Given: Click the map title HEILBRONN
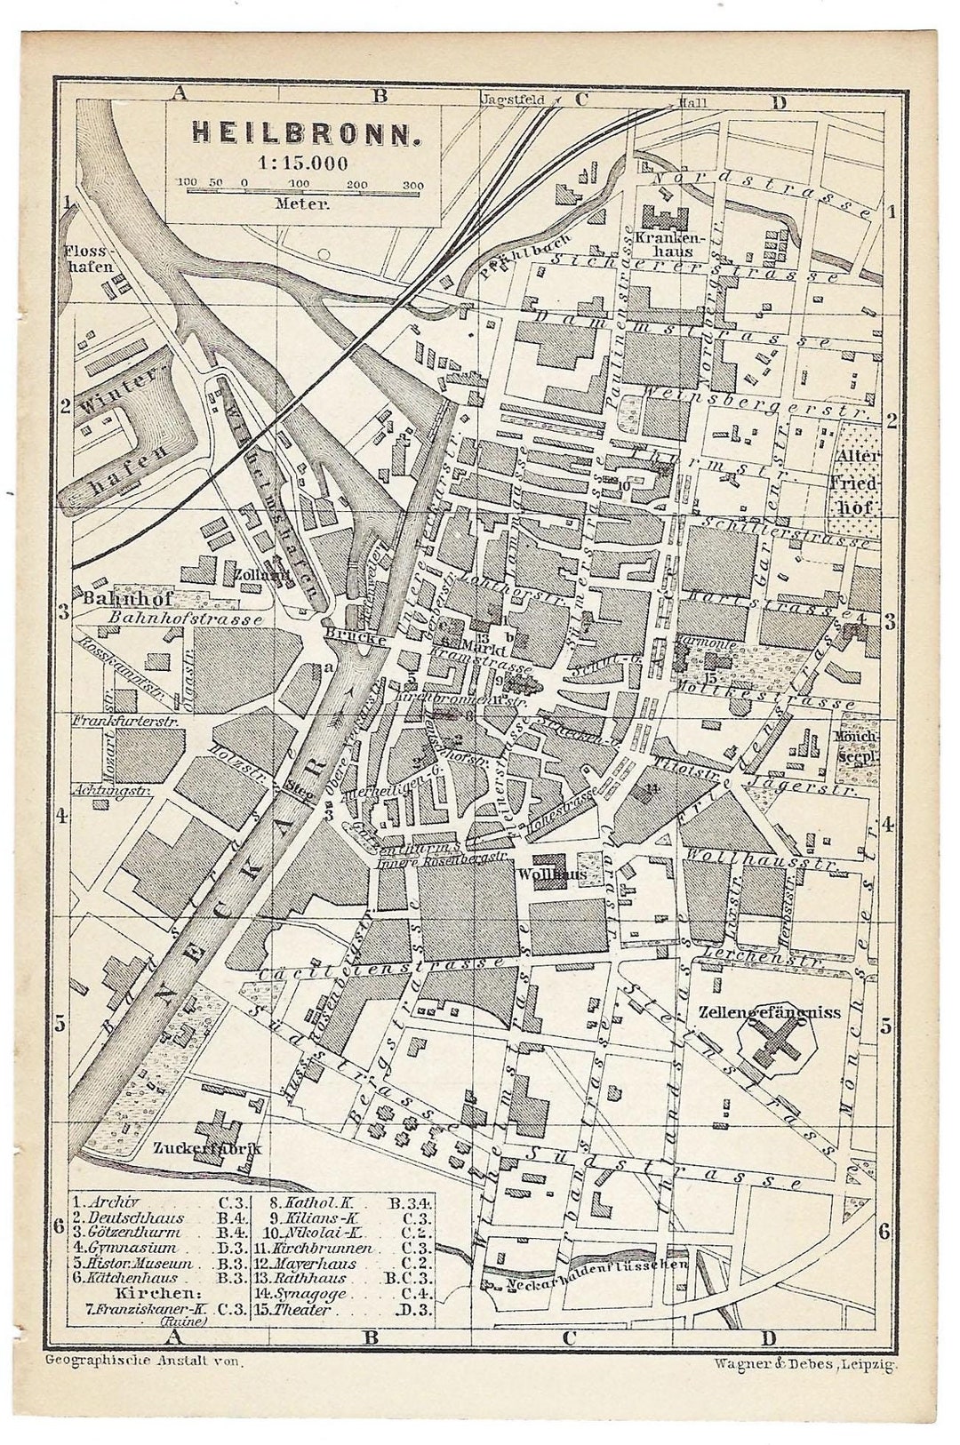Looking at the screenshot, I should (303, 133).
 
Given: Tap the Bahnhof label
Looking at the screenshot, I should (115, 597).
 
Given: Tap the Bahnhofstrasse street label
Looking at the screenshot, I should (185, 619).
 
